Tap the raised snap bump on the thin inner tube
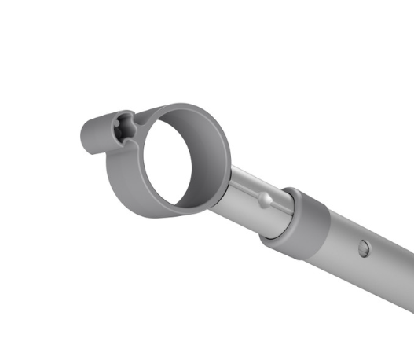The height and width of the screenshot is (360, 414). (x=266, y=201)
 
